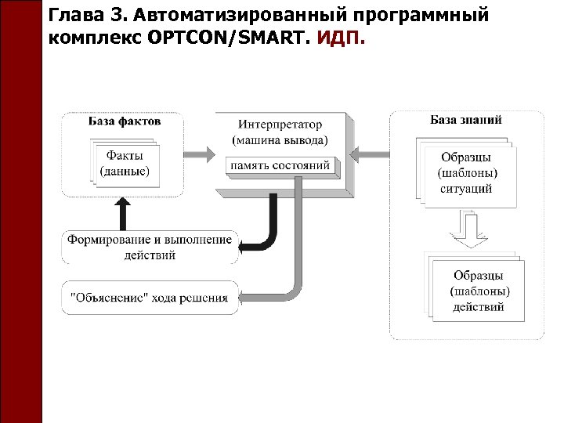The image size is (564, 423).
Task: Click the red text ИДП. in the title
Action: click(340, 37)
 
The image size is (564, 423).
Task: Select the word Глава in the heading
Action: click(74, 15)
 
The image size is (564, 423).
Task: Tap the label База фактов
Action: click(124, 121)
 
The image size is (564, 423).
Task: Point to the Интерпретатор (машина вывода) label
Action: click(280, 132)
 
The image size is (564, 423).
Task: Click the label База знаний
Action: click(466, 120)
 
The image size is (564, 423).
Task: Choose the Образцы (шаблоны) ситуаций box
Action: click(468, 173)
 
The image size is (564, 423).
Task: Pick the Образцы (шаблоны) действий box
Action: click(478, 291)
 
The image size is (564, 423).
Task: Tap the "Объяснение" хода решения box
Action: click(149, 298)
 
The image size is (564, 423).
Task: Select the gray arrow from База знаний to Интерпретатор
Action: click(369, 152)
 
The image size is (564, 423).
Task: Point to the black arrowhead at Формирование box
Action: click(245, 247)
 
